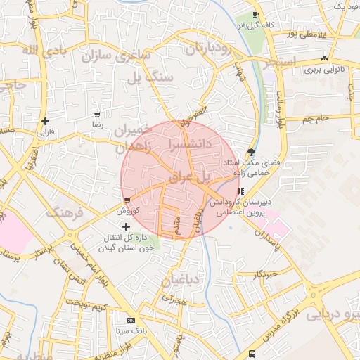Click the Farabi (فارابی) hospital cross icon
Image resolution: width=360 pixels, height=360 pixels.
pyautogui.click(x=46, y=121)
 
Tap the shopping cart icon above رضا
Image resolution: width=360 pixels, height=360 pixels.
pyautogui.click(x=97, y=115)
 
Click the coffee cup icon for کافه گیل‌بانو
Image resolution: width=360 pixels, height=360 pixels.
pyautogui.click(x=255, y=15)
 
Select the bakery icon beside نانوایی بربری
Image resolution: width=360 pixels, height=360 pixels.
pyautogui.click(x=323, y=59)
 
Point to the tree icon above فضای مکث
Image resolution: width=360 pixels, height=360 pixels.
pyautogui.click(x=251, y=152)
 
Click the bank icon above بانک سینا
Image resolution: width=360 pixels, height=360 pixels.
pyautogui.click(x=130, y=320)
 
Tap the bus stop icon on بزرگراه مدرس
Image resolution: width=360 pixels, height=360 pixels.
pyautogui.click(x=252, y=354)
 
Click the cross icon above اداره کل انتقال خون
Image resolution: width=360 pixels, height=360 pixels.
pyautogui.click(x=126, y=226)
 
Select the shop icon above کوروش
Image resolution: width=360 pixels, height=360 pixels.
pyautogui.click(x=127, y=200)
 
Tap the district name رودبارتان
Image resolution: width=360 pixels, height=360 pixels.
pyautogui.click(x=209, y=49)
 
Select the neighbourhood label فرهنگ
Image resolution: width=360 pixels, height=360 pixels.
pyautogui.click(x=65, y=212)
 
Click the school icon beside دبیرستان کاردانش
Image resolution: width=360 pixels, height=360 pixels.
pyautogui.click(x=241, y=191)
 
